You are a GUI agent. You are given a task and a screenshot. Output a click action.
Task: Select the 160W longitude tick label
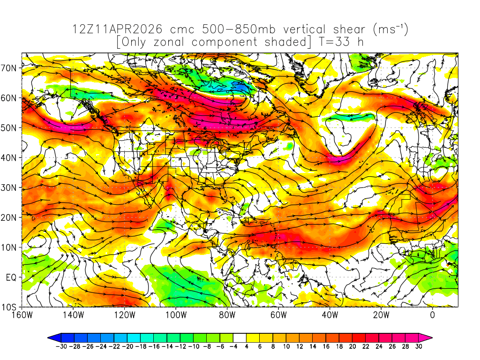tap(22, 315)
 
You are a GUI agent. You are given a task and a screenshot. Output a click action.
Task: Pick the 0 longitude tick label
tap(432, 315)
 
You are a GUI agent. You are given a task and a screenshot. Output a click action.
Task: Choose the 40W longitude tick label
tap(330, 315)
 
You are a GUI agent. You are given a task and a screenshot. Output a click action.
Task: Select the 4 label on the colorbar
tap(247, 347)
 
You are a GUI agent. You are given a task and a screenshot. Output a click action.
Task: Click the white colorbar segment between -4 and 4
tap(240, 337)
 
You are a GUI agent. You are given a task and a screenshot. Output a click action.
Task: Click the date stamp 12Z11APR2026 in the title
tap(117, 30)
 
